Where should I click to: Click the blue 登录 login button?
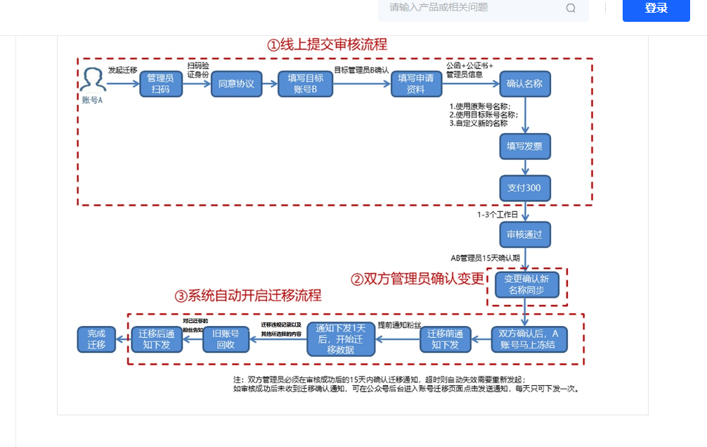tap(656, 8)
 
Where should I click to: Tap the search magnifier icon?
tap(571, 8)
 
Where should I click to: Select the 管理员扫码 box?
tap(160, 84)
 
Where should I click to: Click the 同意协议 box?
tap(235, 84)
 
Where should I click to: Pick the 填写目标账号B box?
tap(305, 84)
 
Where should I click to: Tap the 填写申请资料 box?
tap(416, 84)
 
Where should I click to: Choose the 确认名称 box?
tap(524, 84)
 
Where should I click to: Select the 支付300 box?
tap(524, 188)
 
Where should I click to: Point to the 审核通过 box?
tap(524, 234)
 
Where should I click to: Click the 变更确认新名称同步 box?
tap(527, 284)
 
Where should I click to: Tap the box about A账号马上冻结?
tap(528, 339)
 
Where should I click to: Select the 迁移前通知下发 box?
tap(444, 339)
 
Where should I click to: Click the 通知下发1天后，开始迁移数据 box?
tap(341, 339)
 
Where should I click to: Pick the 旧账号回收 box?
tap(226, 339)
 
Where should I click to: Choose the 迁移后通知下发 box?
tap(157, 339)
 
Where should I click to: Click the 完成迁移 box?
tap(96, 339)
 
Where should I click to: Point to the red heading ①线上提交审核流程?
tap(327, 44)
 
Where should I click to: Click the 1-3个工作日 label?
tap(497, 214)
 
